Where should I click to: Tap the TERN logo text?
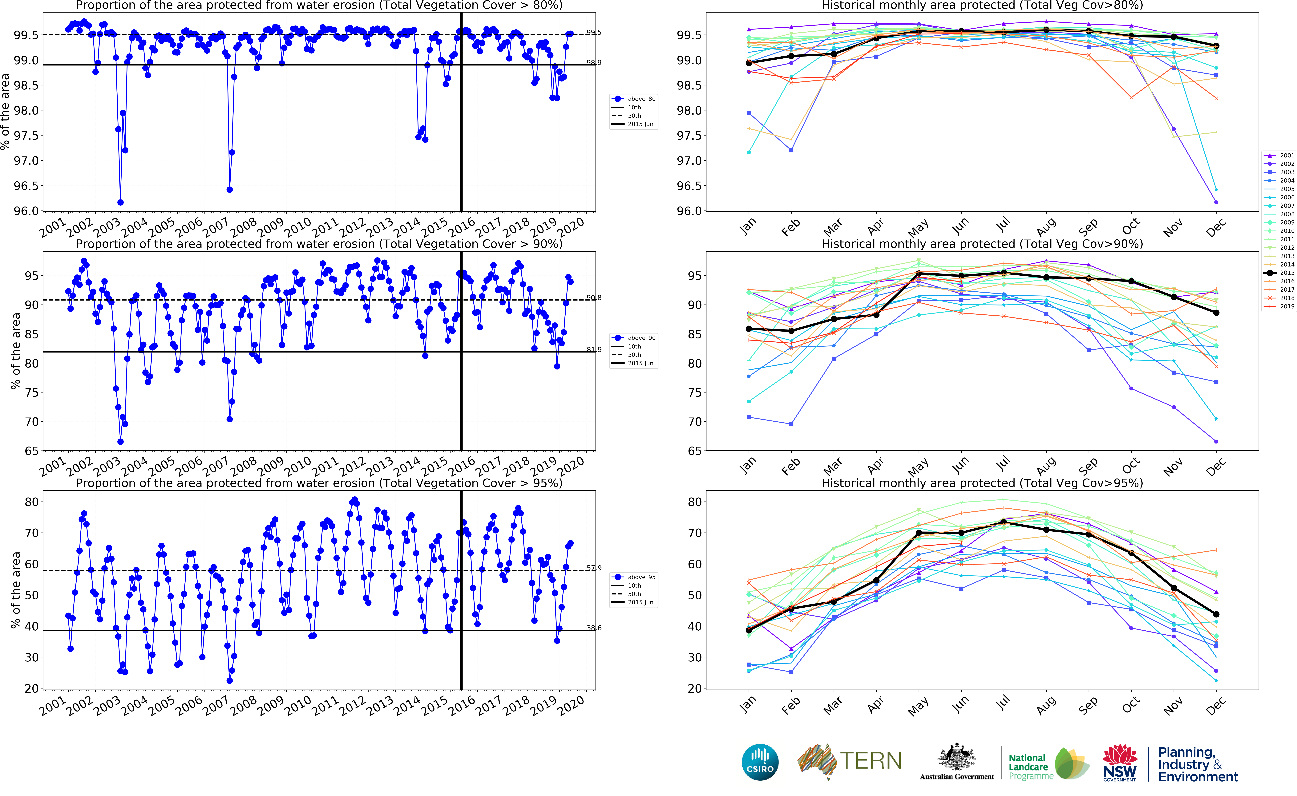(x=870, y=761)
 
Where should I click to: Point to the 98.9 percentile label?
(x=594, y=63)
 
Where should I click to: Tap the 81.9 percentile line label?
(x=594, y=350)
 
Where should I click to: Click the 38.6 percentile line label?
(x=594, y=628)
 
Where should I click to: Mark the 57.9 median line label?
(x=594, y=568)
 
